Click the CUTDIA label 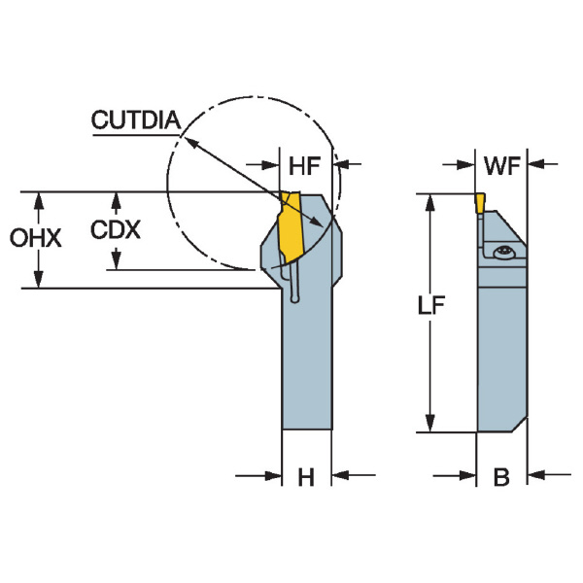point(135,120)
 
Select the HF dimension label point(304,165)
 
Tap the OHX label point(36,238)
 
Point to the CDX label point(116,230)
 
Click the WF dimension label point(499,165)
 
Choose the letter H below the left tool point(306,477)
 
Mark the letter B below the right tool point(501,477)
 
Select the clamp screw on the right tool point(502,254)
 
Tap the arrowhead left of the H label point(273,476)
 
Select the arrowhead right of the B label point(534,476)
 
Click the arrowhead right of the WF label point(534,164)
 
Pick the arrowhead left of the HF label point(273,164)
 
